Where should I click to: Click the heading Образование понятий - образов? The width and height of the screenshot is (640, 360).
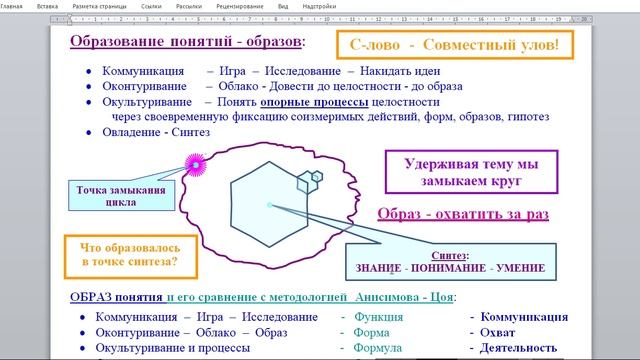[x=188, y=43]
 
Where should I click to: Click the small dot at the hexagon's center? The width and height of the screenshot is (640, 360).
[x=269, y=205]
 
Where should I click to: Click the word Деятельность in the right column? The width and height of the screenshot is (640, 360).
[x=525, y=349]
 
